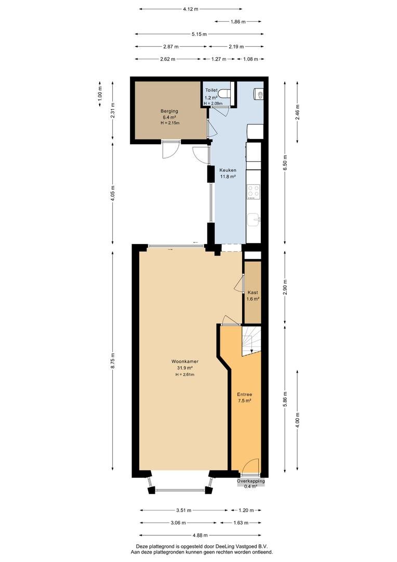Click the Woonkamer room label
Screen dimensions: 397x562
click(x=184, y=361)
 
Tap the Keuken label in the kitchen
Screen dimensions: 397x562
click(x=228, y=170)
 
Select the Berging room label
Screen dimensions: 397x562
click(x=169, y=111)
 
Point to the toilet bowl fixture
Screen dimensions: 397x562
click(x=224, y=93)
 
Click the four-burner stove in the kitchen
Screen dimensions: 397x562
click(x=254, y=191)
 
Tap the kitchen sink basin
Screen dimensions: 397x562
click(x=254, y=220)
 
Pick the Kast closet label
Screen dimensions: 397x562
click(x=253, y=292)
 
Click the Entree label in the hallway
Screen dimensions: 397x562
click(x=245, y=394)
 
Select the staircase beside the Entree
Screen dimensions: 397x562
click(x=251, y=341)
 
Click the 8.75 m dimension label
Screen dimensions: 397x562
click(x=113, y=361)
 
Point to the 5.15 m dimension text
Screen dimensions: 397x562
click(x=199, y=34)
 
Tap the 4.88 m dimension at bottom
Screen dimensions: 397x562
click(x=200, y=535)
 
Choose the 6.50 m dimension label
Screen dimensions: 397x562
click(x=285, y=162)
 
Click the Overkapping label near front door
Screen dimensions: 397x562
click(x=251, y=481)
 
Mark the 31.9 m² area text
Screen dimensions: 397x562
click(x=184, y=368)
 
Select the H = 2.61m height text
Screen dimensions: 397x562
click(x=184, y=375)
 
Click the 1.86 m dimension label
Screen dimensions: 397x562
click(x=238, y=22)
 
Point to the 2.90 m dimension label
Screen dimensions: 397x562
click(x=285, y=287)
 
